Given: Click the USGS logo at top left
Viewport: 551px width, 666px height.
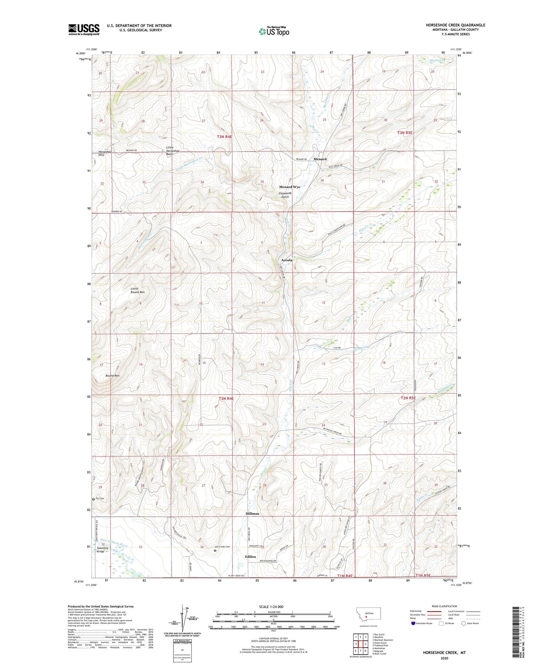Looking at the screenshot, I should (84, 29).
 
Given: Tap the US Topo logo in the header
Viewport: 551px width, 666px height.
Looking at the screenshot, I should (274, 32).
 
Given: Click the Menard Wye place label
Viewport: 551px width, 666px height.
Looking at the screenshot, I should (289, 187).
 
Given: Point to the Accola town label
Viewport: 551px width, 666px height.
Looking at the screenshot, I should (287, 260).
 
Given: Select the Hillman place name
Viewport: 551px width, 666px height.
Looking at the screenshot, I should (252, 514).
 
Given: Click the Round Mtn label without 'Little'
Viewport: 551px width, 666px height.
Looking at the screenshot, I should (112, 376).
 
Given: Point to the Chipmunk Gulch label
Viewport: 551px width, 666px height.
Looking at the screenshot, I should (289, 195).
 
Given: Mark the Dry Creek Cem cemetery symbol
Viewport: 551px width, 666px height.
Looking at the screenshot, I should (215, 550).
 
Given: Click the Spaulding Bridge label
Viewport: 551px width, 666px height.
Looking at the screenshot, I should (102, 550).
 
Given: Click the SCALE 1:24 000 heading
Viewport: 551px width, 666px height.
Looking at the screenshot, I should (271, 606).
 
